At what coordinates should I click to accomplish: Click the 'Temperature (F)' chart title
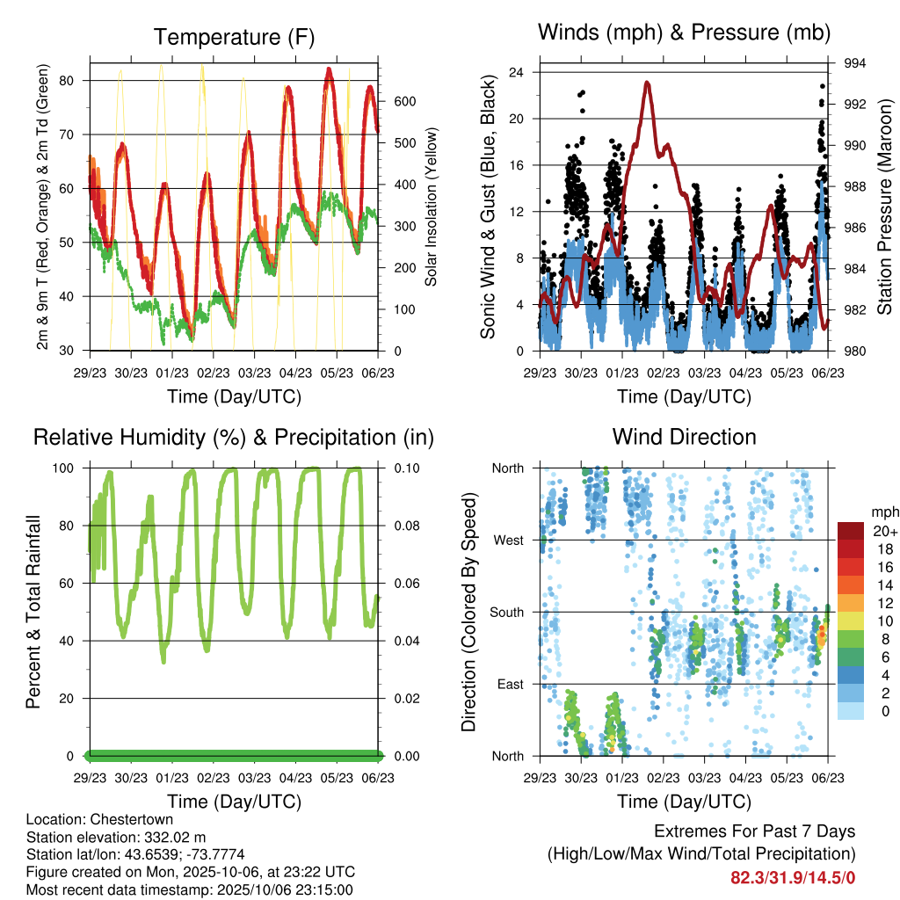pyautogui.click(x=234, y=37)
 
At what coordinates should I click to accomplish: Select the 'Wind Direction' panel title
pyautogui.click(x=684, y=437)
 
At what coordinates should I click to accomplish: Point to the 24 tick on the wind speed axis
pyautogui.click(x=517, y=72)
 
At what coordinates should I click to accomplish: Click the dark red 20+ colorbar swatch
pyautogui.click(x=851, y=531)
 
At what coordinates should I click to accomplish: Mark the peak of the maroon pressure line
pyautogui.click(x=648, y=82)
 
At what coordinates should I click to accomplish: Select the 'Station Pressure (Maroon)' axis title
pyautogui.click(x=886, y=207)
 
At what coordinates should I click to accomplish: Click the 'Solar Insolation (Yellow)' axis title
pyautogui.click(x=432, y=207)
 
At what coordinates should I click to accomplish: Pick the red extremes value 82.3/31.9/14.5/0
pyautogui.click(x=793, y=877)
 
